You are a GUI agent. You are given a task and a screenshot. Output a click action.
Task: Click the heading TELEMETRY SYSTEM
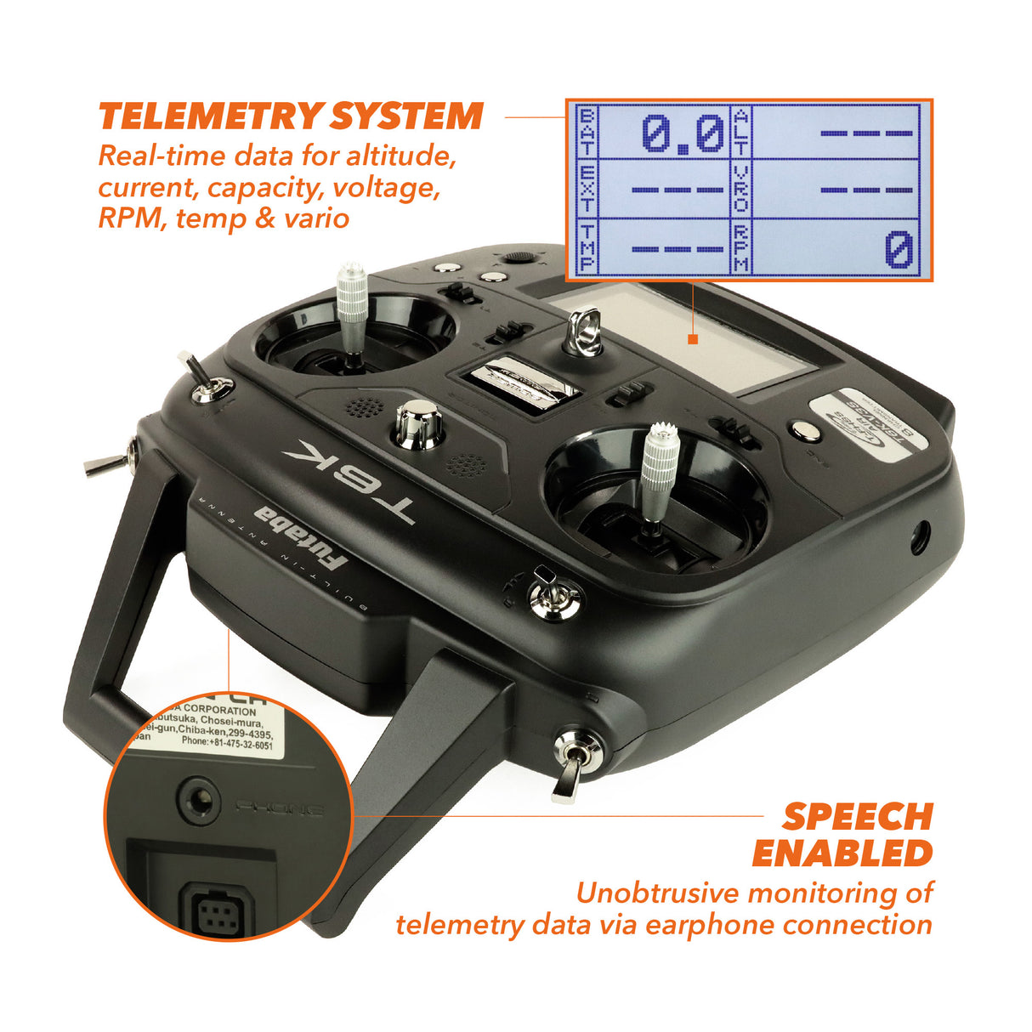point(291,116)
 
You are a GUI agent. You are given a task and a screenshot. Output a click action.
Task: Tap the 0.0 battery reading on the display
point(682,134)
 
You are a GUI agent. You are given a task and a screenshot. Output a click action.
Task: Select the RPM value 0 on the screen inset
point(899,251)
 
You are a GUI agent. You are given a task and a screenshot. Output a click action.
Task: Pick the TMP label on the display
point(587,247)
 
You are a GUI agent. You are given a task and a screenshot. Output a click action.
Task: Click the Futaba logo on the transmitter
point(301,538)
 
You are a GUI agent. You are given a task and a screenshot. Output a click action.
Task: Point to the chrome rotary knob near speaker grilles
point(418,424)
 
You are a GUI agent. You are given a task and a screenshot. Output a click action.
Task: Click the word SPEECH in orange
point(857,817)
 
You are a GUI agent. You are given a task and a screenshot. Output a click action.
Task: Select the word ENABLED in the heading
point(842,853)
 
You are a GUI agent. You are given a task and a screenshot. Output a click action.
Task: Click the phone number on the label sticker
point(227,744)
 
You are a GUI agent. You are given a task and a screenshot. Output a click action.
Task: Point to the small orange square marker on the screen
point(693,339)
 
